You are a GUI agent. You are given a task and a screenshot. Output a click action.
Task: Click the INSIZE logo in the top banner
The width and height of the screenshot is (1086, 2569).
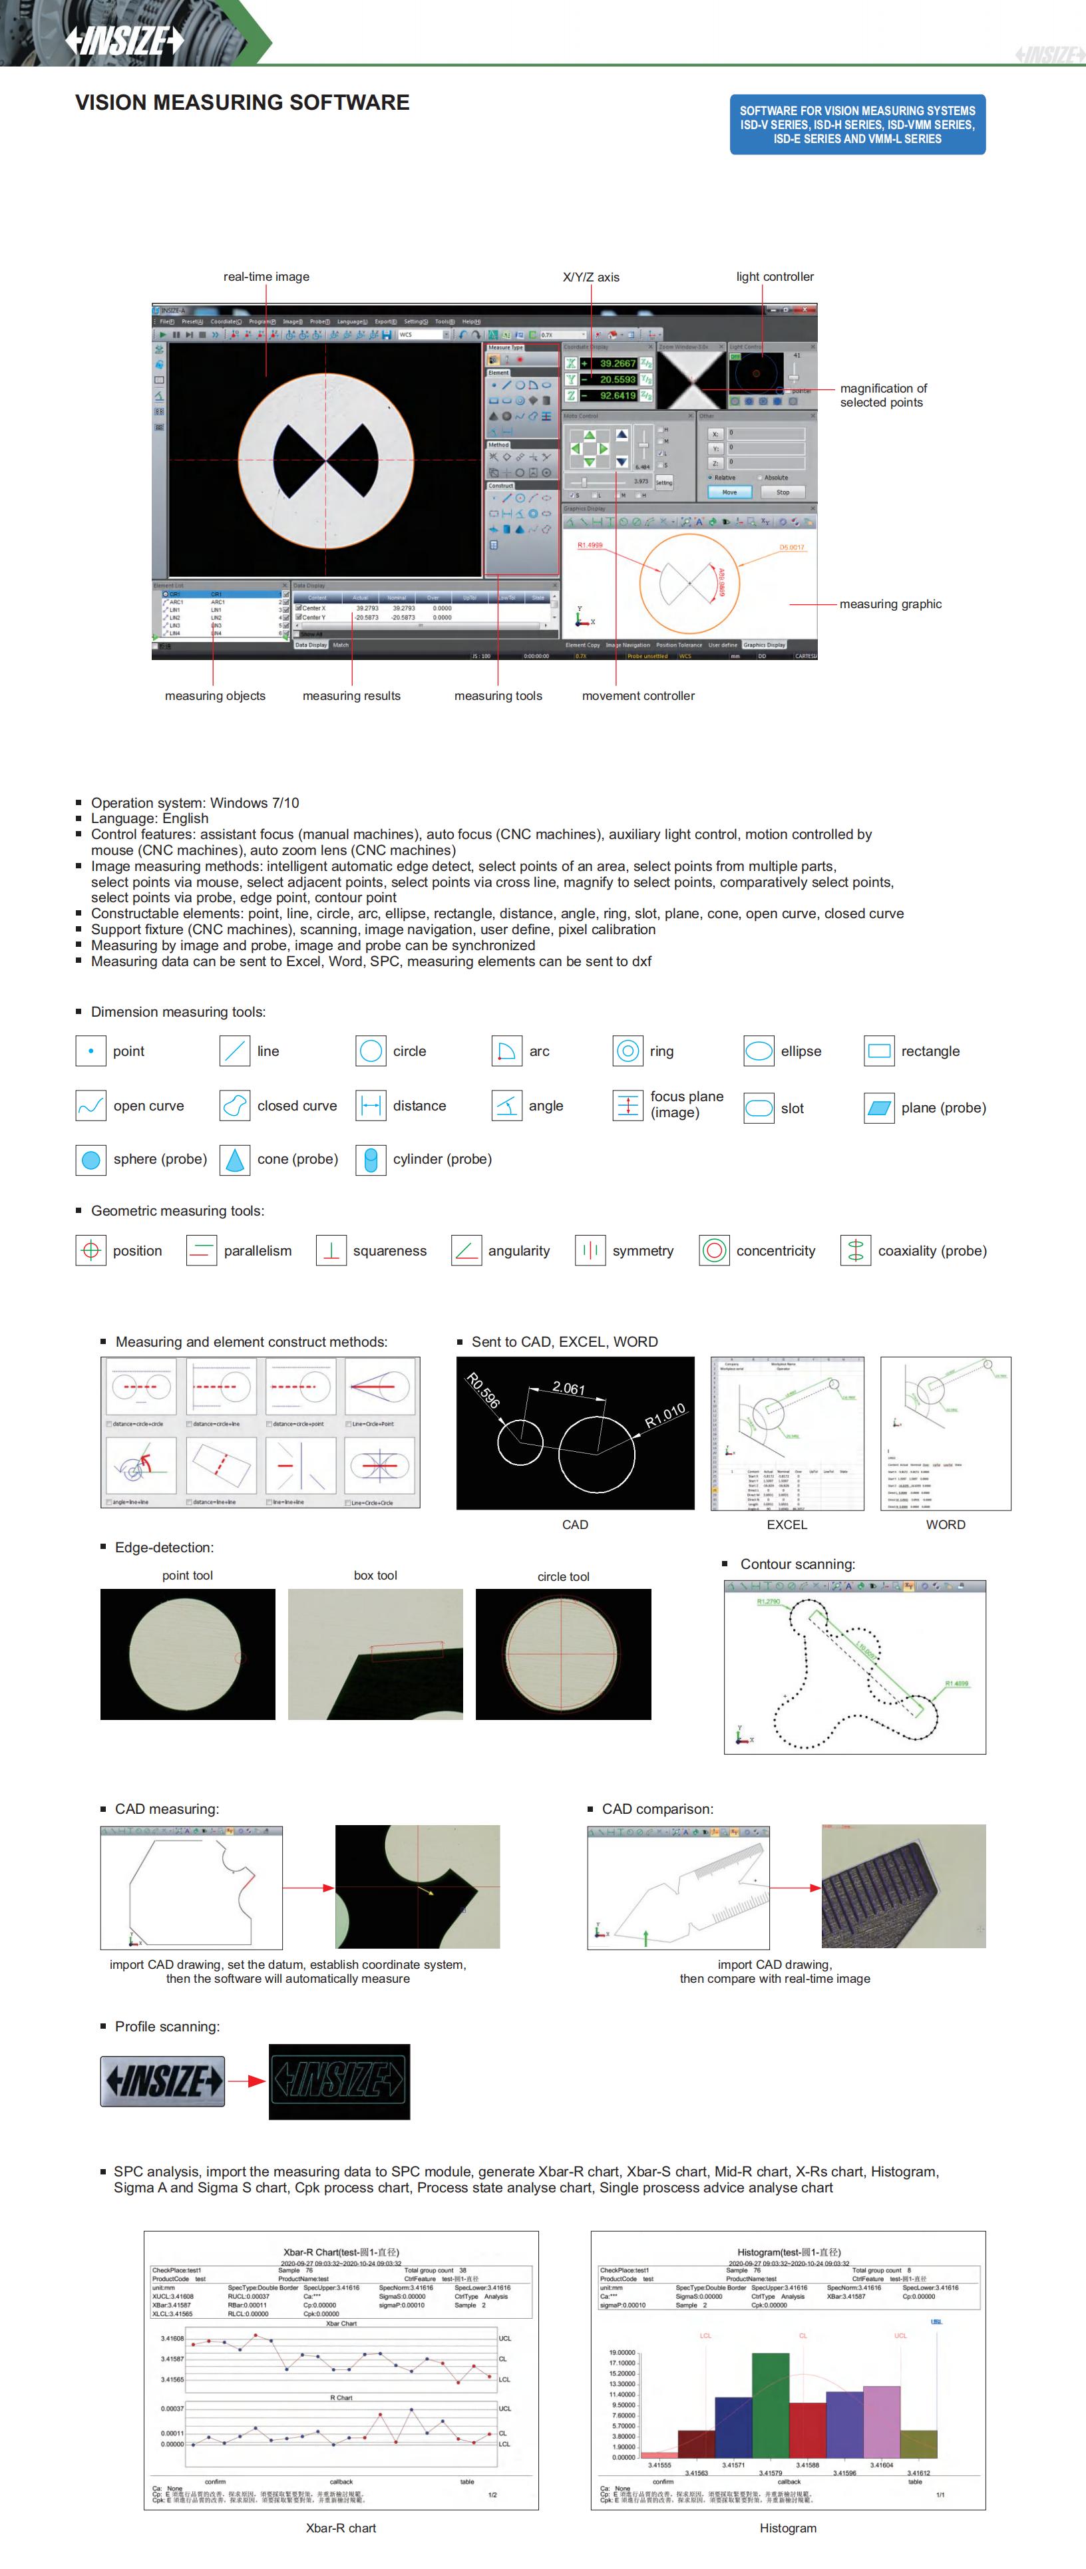(x=124, y=40)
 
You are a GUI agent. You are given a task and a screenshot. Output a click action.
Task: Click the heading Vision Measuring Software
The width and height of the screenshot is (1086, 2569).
(x=242, y=102)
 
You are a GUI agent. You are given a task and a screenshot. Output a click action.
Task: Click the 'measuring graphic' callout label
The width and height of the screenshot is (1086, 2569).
(x=890, y=603)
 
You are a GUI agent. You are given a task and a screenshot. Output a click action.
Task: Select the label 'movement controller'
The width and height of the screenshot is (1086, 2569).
(x=638, y=695)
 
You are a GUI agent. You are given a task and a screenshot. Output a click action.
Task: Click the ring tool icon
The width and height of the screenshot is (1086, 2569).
(x=628, y=1051)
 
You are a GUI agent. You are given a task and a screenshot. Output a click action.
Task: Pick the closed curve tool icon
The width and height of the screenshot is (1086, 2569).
(x=234, y=1105)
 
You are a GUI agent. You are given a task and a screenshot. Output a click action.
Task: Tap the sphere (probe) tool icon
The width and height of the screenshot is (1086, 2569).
(x=90, y=1159)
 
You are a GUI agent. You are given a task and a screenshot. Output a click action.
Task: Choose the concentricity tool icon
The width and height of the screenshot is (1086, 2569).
(x=714, y=1251)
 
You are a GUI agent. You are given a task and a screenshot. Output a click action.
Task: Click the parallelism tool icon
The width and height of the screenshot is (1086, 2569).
(x=202, y=1251)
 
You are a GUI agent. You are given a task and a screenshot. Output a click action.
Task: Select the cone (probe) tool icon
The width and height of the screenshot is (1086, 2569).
(x=234, y=1159)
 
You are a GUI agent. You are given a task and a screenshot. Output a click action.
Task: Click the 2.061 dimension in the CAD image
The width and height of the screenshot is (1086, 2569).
(x=568, y=1387)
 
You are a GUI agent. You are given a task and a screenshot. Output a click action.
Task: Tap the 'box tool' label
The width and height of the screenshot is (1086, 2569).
(x=375, y=1576)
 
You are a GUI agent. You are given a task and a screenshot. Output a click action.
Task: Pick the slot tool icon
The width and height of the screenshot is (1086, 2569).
(x=759, y=1108)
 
